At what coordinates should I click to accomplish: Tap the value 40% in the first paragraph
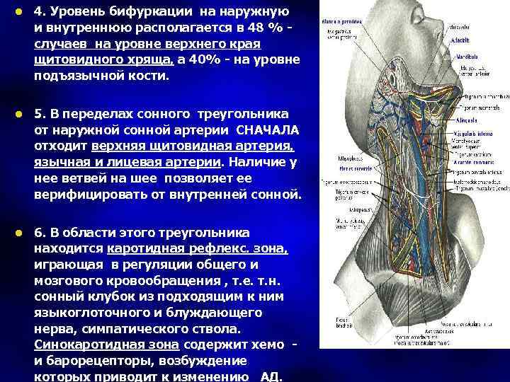213,59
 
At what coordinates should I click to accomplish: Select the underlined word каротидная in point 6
145,249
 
